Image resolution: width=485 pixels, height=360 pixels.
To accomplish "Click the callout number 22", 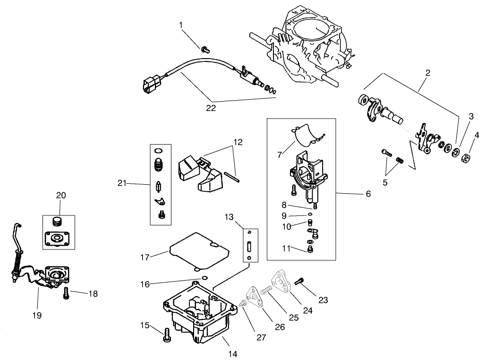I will coord(211,108).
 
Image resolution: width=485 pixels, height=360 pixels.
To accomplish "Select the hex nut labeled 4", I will coord(465,157).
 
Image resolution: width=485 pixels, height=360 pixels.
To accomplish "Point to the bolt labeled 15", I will coord(166,334).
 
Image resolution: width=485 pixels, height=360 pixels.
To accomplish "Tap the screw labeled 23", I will coord(298,282).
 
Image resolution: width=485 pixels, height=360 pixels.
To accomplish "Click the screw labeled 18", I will coord(66,293).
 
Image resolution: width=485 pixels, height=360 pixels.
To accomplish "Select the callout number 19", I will coord(37,314).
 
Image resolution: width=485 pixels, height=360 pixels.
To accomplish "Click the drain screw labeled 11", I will coord(310,249).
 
